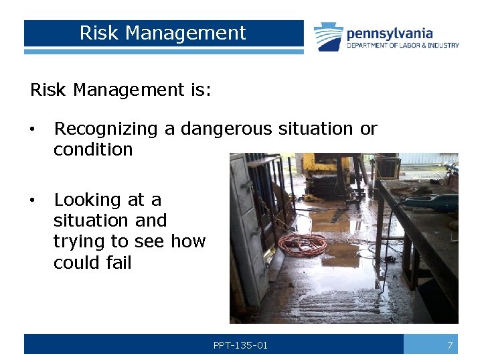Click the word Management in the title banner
click(185, 33)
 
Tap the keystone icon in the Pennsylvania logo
click(329, 37)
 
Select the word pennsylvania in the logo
click(390, 34)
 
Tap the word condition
click(93, 149)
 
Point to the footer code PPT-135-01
click(240, 345)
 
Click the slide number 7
click(451, 345)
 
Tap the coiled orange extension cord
click(303, 244)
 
